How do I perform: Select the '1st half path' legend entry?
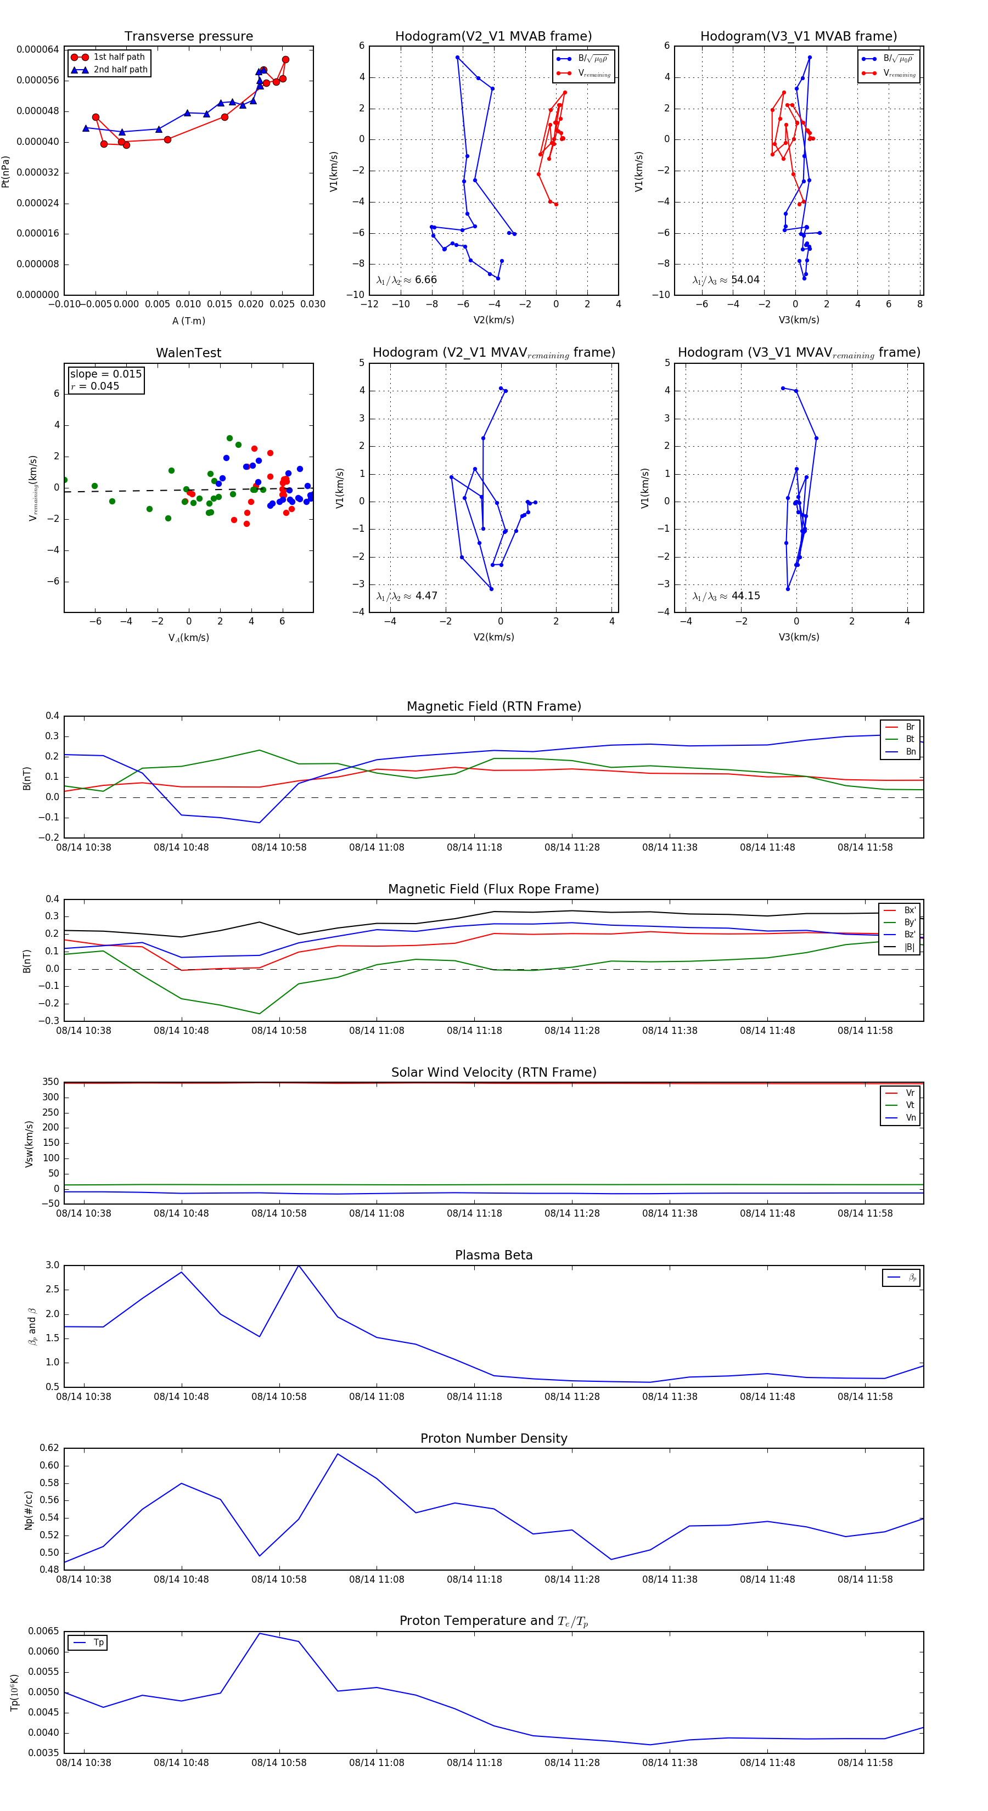click(x=119, y=57)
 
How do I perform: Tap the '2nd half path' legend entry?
click(x=120, y=70)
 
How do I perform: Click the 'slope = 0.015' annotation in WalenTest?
click(x=105, y=374)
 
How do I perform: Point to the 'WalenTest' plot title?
click(x=188, y=353)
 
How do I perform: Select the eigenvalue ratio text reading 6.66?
click(x=407, y=280)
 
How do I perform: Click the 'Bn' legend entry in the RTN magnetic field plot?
click(x=910, y=751)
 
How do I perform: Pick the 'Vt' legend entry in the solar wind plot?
click(x=910, y=1105)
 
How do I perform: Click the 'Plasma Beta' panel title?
click(x=493, y=1255)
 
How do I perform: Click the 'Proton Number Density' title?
click(x=493, y=1438)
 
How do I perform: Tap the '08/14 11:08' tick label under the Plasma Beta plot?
click(x=377, y=1396)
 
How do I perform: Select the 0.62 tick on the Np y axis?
click(x=49, y=1448)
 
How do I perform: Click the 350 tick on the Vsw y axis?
click(x=50, y=1082)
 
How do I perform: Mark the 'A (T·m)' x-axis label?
click(x=188, y=320)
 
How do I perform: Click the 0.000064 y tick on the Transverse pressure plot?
click(x=38, y=49)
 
